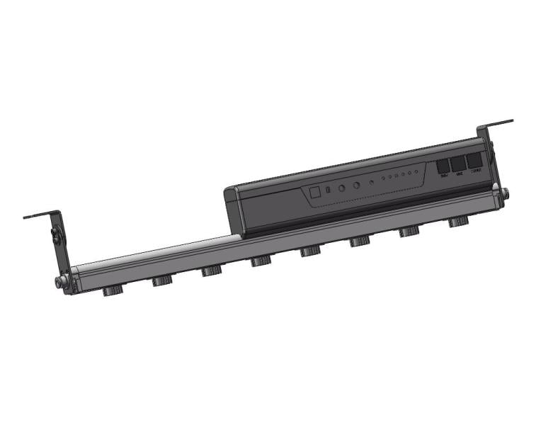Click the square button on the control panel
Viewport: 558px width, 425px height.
313,192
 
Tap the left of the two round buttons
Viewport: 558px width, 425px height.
341,188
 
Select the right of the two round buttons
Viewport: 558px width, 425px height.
356,186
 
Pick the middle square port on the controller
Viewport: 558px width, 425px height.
460,164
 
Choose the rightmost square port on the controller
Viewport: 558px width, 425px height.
475,161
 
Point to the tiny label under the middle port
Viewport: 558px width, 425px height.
460,174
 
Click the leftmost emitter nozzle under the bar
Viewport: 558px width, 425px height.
112,290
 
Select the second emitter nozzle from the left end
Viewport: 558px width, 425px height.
162,281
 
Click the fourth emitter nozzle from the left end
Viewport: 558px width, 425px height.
261,262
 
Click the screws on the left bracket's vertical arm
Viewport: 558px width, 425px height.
55,234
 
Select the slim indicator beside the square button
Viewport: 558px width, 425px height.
328,191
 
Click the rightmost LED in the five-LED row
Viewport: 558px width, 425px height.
413,172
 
